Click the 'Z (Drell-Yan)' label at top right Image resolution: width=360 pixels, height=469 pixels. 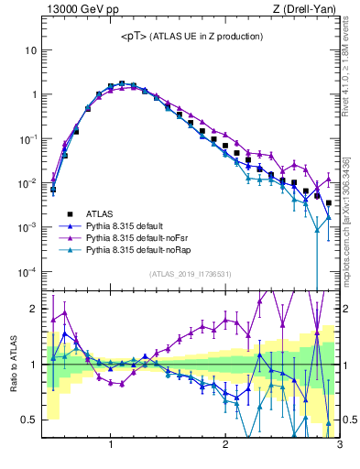pyautogui.click(x=308, y=10)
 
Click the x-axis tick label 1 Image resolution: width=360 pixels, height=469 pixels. pyautogui.click(x=111, y=446)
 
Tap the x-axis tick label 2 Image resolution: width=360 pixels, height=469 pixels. pyautogui.click(x=225, y=446)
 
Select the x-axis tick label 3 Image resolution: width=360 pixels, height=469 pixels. pyautogui.click(x=339, y=446)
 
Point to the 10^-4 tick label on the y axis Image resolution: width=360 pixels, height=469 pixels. pyautogui.click(x=28, y=272)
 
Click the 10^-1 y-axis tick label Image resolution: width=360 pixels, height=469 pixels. pyautogui.click(x=28, y=138)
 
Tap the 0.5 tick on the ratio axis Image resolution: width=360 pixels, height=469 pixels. pyautogui.click(x=29, y=420)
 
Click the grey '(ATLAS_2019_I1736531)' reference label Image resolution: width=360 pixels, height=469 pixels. pyautogui.click(x=191, y=274)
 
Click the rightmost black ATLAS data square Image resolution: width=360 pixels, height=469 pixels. pyautogui.click(x=329, y=203)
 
